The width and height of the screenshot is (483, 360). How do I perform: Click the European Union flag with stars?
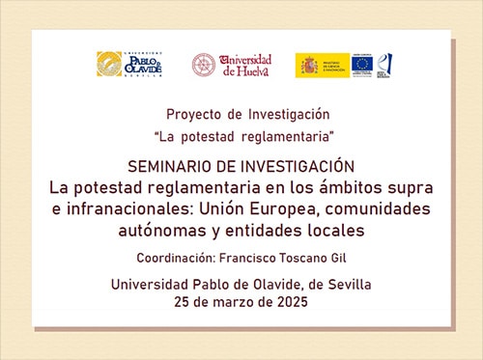(x=362, y=65)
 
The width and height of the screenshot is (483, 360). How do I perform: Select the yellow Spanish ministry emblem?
(x=308, y=65)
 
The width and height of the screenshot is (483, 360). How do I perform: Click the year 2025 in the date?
(x=289, y=302)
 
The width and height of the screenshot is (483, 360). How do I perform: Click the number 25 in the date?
(x=185, y=302)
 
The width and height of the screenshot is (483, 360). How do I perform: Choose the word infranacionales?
(x=121, y=208)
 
